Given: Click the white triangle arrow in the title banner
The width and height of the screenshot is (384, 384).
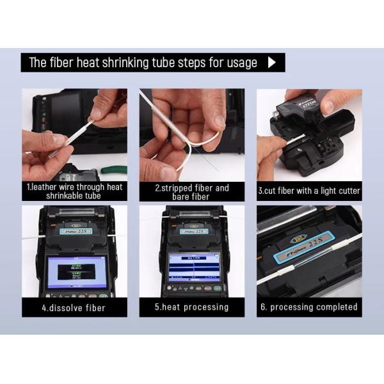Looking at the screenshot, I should pyautogui.click(x=272, y=63).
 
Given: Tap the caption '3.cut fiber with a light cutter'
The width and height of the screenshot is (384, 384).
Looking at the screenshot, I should pyautogui.click(x=309, y=191).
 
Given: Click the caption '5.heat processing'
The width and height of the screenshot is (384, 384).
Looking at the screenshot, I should pyautogui.click(x=191, y=307).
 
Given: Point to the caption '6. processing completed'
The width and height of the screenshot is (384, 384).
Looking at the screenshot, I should pyautogui.click(x=309, y=307).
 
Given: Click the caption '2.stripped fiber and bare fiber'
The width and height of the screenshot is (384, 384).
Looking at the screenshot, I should pyautogui.click(x=191, y=191).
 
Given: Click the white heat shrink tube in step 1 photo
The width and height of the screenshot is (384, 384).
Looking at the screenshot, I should pyautogui.click(x=70, y=134).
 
